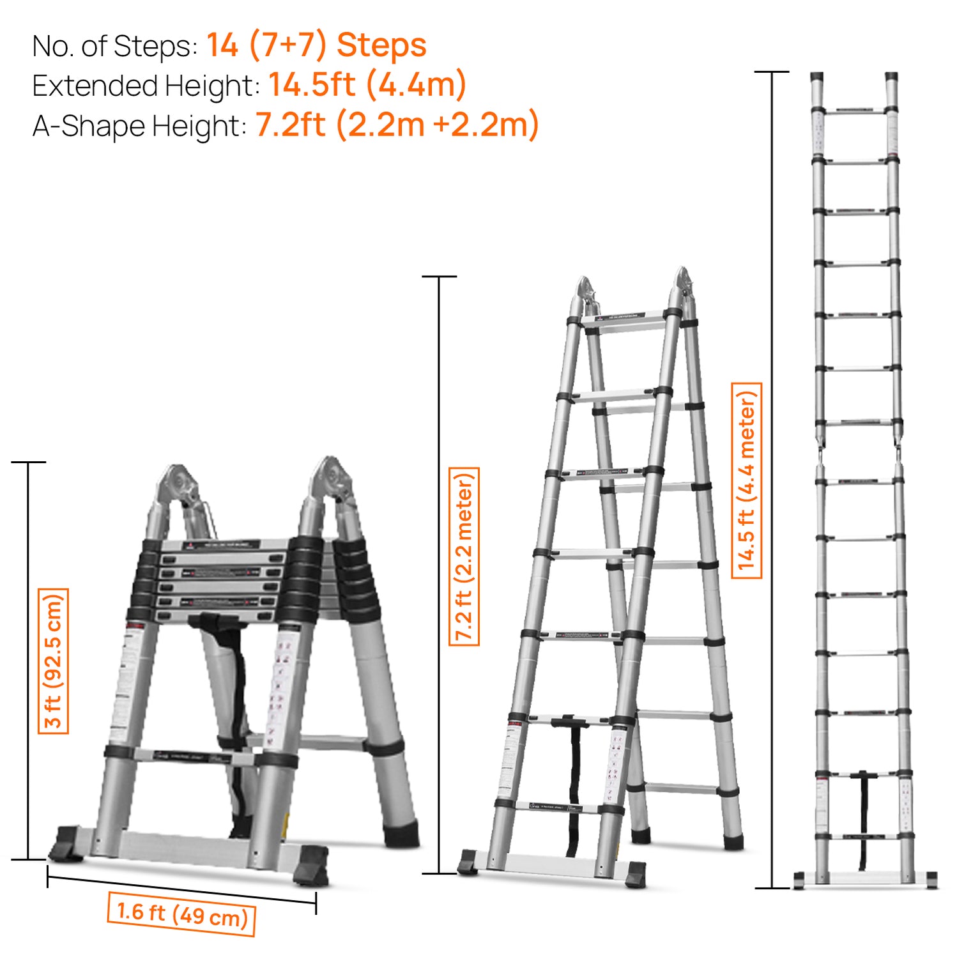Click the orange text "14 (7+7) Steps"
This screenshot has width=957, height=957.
316,45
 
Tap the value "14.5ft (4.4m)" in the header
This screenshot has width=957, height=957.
367,85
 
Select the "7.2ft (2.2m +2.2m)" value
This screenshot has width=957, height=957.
397,125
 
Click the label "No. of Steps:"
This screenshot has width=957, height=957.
115,47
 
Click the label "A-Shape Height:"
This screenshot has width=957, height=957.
139,126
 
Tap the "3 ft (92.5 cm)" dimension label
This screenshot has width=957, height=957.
53,661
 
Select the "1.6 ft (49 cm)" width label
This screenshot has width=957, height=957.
182,914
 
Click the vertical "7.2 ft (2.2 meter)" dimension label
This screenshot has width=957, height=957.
464,556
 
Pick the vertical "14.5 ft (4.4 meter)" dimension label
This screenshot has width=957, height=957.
746,480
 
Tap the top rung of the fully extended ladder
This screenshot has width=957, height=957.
855,111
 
